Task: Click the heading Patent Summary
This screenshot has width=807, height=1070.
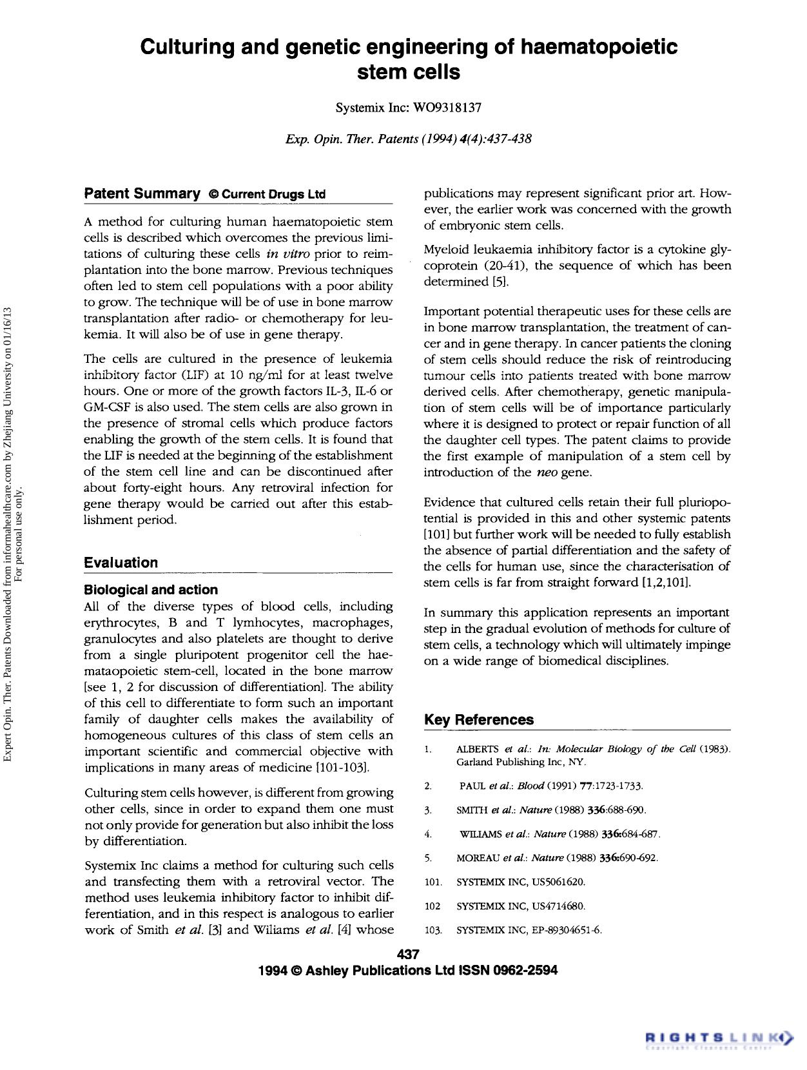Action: point(142,193)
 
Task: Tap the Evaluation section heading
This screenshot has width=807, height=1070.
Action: point(121,563)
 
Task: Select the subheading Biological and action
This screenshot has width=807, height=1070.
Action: point(151,590)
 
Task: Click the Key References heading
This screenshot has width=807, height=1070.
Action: point(479,720)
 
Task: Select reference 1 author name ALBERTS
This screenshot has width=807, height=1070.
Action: point(478,749)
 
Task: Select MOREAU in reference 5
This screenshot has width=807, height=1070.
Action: point(478,858)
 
